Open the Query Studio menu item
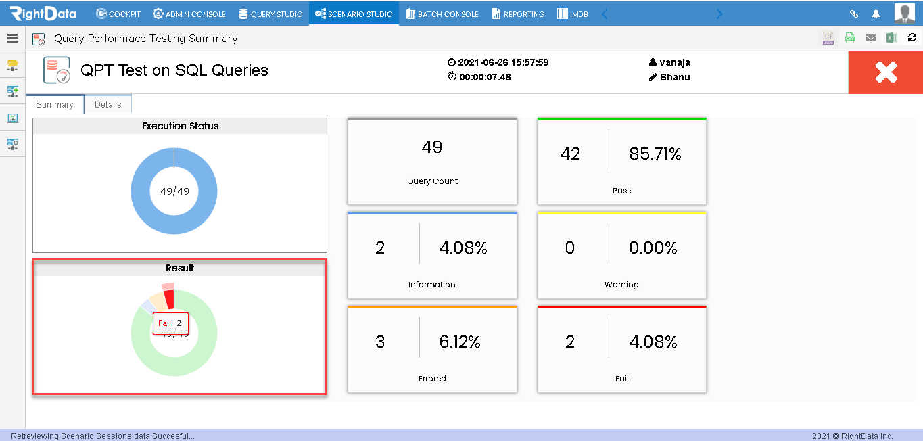click(x=270, y=14)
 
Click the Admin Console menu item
click(x=189, y=14)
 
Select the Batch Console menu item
click(x=442, y=14)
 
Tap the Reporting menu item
click(x=519, y=14)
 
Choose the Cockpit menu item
click(x=118, y=14)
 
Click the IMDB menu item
click(x=573, y=14)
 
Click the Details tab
click(x=108, y=104)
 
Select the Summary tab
click(x=55, y=104)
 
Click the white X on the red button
click(x=886, y=72)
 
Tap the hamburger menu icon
click(x=13, y=39)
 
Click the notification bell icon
click(x=876, y=14)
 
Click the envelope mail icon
click(x=871, y=38)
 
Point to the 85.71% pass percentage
click(x=655, y=154)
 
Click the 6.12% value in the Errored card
click(x=460, y=342)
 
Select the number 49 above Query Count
click(x=432, y=147)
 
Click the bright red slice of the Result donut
click(x=169, y=299)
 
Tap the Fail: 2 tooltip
click(x=170, y=323)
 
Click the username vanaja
click(x=675, y=62)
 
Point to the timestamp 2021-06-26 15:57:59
click(x=503, y=62)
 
